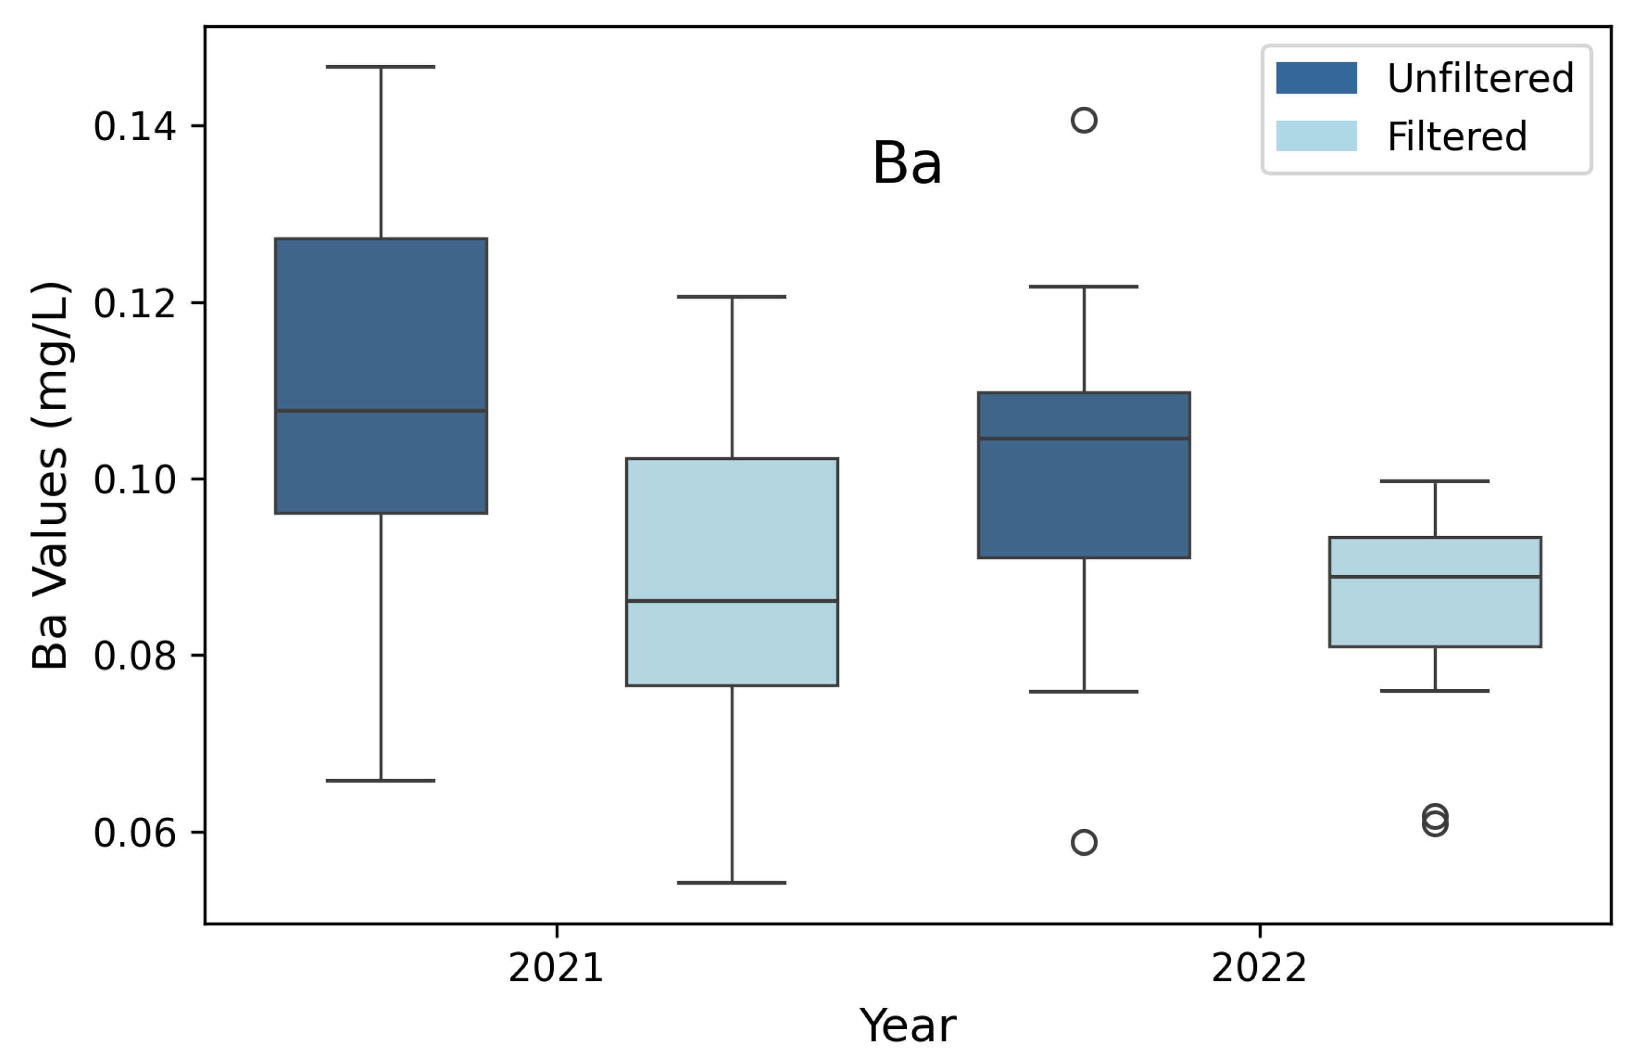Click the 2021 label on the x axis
coord(556,969)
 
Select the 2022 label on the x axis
coord(1259,969)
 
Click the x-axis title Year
coord(907,1026)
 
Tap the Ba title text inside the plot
coord(907,163)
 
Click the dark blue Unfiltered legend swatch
coord(1316,78)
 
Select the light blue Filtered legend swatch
coord(1316,136)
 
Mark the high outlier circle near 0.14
coord(1084,120)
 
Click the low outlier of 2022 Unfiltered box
coord(1084,842)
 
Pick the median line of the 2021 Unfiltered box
coord(381,411)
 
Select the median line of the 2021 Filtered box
coord(732,601)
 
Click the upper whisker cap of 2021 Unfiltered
coord(381,67)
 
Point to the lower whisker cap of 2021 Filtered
coord(732,883)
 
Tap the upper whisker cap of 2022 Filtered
coord(1435,481)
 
